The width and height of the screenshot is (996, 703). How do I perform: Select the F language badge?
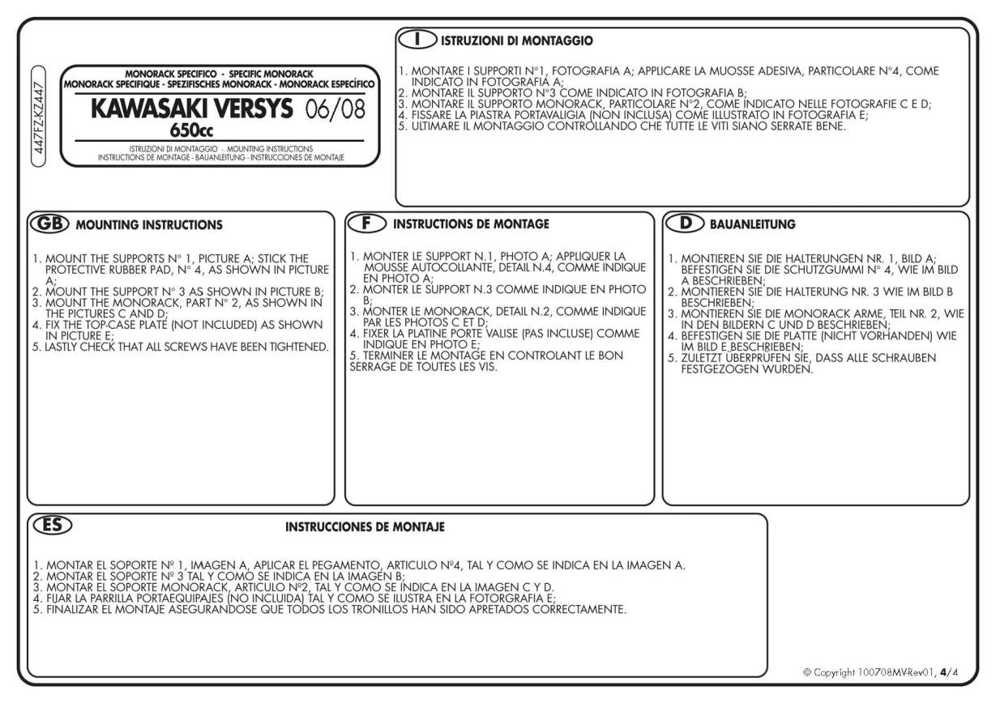coord(365,223)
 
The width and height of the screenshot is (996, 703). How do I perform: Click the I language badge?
coord(416,39)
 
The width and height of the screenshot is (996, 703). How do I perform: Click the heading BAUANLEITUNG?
coord(752,224)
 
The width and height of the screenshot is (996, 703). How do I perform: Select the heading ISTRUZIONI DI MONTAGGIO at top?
coord(516,40)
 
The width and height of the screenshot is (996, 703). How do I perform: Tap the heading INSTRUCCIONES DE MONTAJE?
coord(365,527)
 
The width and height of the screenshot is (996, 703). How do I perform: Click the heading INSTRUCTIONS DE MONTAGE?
coord(471,224)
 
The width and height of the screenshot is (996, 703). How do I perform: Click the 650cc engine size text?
coord(191,130)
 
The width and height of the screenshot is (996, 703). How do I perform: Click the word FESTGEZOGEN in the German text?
coord(718,369)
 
